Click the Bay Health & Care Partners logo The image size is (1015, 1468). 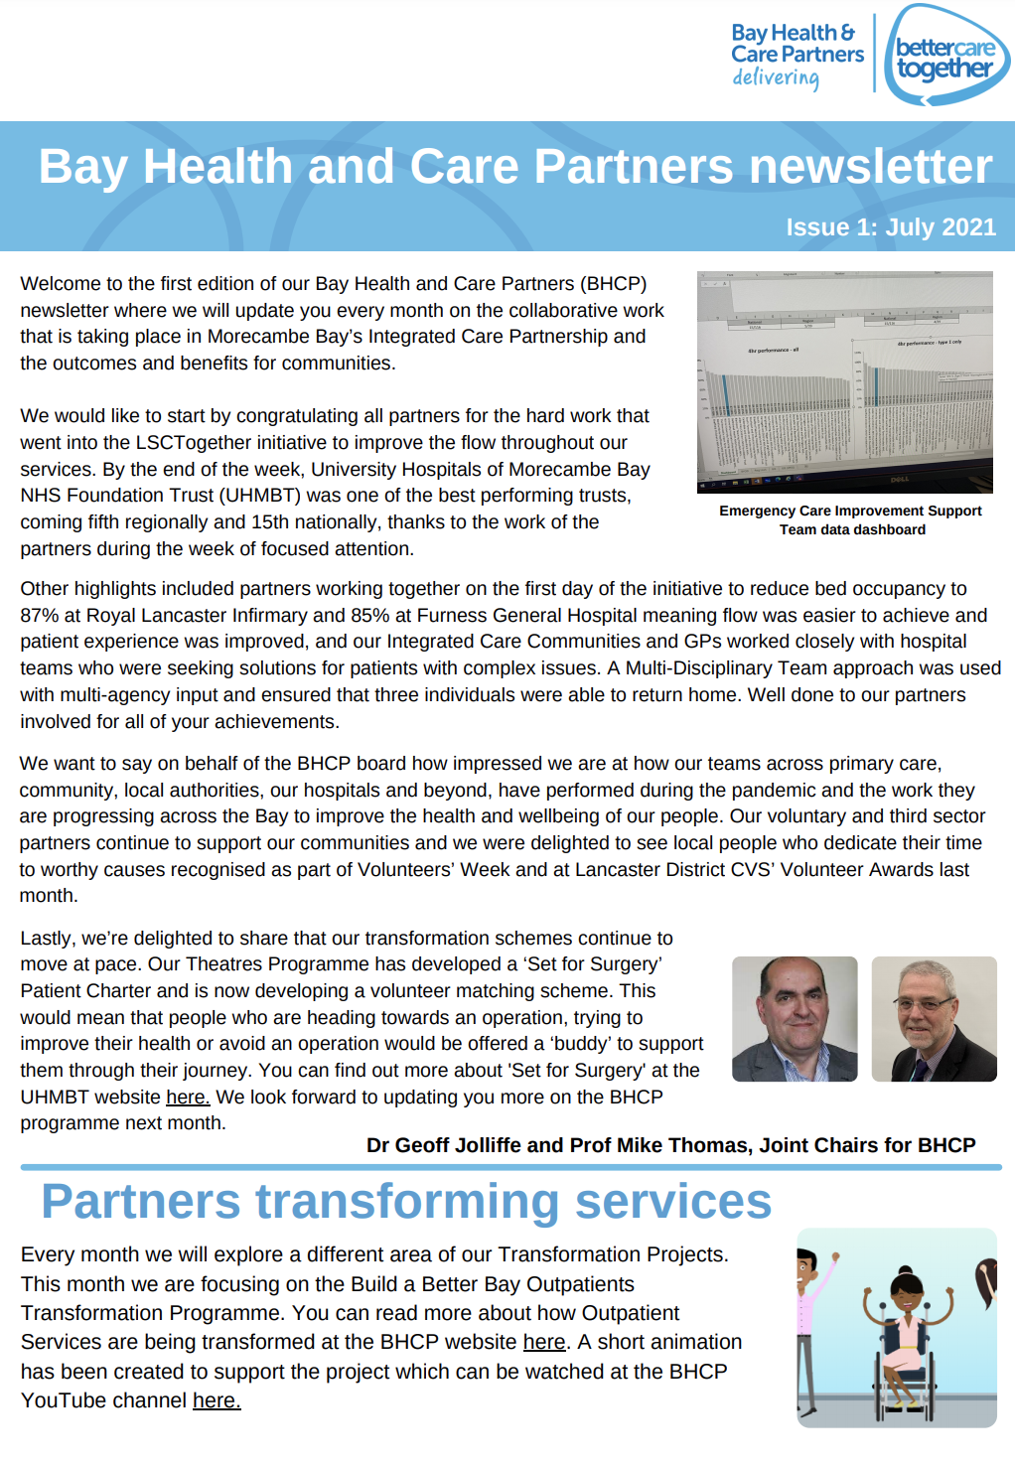tap(797, 55)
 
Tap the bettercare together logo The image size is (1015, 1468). tap(944, 57)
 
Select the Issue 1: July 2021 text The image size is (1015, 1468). tap(890, 227)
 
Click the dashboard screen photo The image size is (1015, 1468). tap(844, 381)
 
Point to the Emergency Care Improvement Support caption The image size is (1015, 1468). tap(850, 511)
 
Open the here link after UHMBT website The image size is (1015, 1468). tap(188, 1098)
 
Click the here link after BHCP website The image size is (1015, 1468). tap(544, 1343)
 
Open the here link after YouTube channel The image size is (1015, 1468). tap(217, 1401)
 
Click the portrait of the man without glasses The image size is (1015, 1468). tap(795, 1019)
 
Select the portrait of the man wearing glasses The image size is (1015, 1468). tap(934, 1019)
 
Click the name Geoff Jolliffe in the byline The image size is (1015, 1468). tap(458, 1145)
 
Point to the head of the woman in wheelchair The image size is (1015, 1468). tap(906, 1291)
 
